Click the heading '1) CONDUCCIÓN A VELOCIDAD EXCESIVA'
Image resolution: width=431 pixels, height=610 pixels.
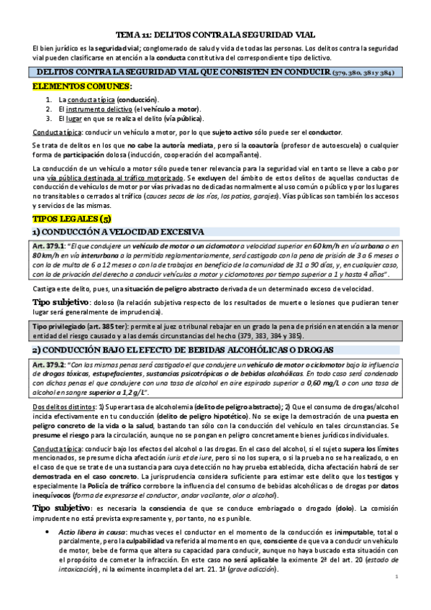(119, 231)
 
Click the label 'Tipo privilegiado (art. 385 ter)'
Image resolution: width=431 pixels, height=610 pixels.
(81, 326)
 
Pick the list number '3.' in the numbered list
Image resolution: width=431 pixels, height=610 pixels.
(48, 118)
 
